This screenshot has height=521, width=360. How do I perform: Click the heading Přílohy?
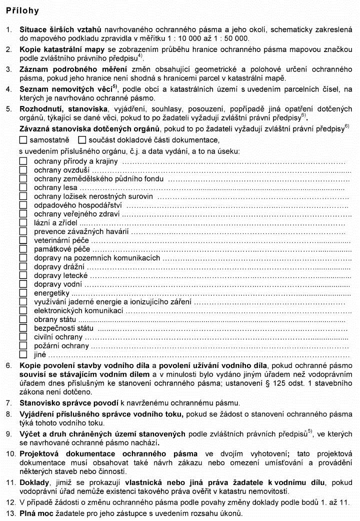click(x=22, y=10)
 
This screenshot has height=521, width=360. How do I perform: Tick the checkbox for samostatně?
click(x=23, y=140)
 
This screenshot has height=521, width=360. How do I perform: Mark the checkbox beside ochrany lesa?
click(x=23, y=187)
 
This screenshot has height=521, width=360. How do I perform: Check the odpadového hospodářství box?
click(x=23, y=205)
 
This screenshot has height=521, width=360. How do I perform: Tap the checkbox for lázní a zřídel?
click(x=23, y=223)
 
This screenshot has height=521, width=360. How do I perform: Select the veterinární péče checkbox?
click(x=23, y=240)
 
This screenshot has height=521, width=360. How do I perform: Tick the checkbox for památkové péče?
click(x=23, y=249)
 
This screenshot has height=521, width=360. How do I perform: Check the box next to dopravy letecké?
click(x=23, y=275)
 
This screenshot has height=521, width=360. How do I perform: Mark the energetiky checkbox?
click(x=23, y=293)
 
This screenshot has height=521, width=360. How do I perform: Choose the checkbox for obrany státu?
click(x=23, y=319)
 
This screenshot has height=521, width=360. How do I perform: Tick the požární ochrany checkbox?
click(x=23, y=346)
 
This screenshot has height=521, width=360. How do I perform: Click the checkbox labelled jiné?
click(x=23, y=354)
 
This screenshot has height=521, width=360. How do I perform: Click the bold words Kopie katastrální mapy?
click(x=57, y=50)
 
